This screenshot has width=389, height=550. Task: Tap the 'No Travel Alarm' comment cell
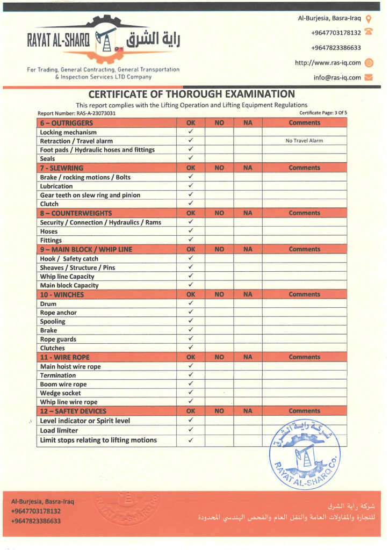tap(304, 141)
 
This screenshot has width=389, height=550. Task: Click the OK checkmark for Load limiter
tap(191, 430)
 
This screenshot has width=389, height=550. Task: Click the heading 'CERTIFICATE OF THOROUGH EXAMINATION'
tap(191, 94)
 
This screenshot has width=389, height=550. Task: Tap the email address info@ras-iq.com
tap(337, 77)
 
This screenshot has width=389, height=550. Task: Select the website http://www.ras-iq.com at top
tap(328, 63)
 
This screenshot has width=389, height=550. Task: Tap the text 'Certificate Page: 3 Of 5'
tap(323, 113)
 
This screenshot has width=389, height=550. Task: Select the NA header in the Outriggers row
tap(248, 122)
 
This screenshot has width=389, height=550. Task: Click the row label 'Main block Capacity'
tap(69, 286)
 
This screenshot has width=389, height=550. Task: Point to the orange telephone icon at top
tap(369, 32)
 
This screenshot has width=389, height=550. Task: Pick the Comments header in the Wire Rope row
tap(304, 357)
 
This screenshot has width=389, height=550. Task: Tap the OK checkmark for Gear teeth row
tap(191, 195)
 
